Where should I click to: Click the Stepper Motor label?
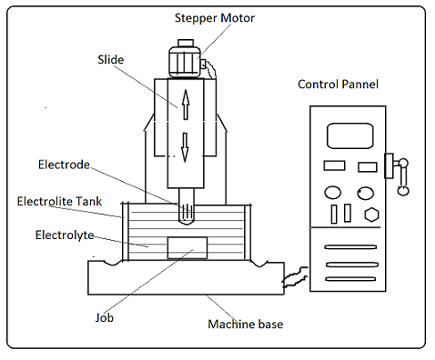[x=215, y=18]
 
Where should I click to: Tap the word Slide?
[x=111, y=59]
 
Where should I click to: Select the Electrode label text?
[x=64, y=165]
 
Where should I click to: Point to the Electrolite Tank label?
[x=59, y=201]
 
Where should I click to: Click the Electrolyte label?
[x=65, y=235]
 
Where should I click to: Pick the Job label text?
[x=105, y=317]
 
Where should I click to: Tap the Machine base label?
[x=246, y=325]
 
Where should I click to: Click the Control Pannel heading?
[x=338, y=85]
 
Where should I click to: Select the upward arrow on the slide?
[x=186, y=105]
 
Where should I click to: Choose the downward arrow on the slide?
[x=185, y=147]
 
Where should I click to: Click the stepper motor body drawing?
[x=185, y=62]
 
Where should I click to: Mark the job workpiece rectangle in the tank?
[x=187, y=248]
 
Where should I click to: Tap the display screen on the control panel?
[x=350, y=135]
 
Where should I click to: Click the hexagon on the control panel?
[x=371, y=215]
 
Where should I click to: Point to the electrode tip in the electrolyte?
[x=186, y=222]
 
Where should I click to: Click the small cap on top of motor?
[x=186, y=43]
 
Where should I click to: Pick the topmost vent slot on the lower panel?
[x=350, y=247]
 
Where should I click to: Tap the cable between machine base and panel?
[x=295, y=276]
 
